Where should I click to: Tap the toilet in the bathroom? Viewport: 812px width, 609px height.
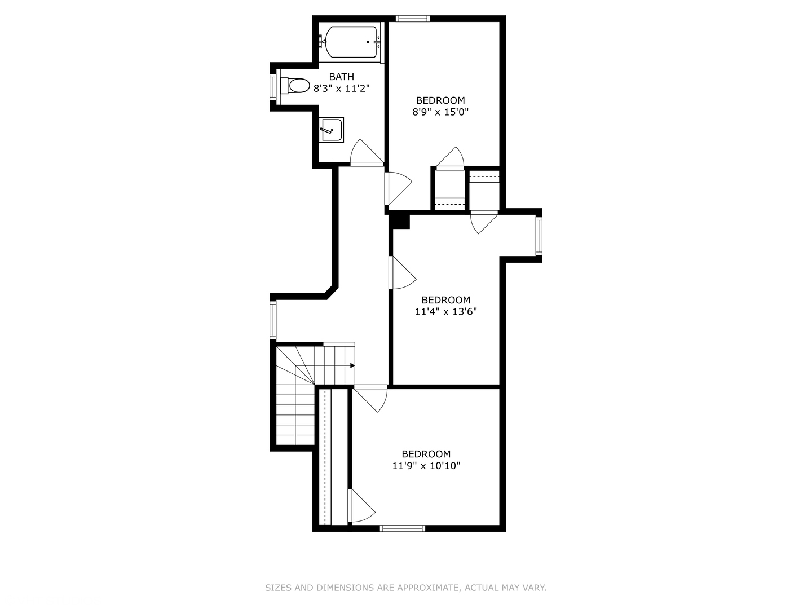coord(297,86)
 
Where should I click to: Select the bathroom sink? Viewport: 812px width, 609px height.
coord(332,130)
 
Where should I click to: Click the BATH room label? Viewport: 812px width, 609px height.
coord(342,77)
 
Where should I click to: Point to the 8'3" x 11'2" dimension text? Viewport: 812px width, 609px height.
coord(342,89)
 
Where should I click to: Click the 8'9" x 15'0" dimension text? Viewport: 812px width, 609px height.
coord(440,112)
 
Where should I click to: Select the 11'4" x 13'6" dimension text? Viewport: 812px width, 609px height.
coord(445,311)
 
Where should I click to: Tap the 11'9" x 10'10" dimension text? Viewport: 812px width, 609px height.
coord(426,466)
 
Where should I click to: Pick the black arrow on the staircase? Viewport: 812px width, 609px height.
coord(352,365)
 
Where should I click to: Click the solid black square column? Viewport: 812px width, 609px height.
coord(400,220)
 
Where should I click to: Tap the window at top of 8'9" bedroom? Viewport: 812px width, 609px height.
coord(413,19)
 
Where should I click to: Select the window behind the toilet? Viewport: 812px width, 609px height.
coord(273,86)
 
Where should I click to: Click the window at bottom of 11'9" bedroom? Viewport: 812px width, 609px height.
coord(402,528)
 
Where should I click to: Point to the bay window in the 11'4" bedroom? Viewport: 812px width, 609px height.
coord(539,236)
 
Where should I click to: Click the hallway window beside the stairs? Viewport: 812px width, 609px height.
coord(273,320)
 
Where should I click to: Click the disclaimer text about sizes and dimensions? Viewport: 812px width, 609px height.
coord(405,588)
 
